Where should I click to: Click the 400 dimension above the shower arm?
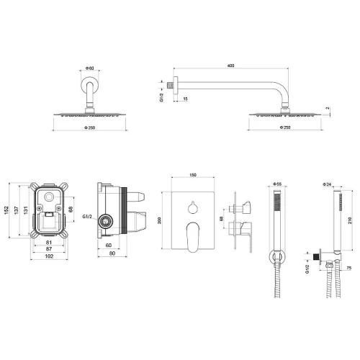pyautogui.click(x=230, y=66)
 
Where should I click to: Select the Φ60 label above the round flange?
pyautogui.click(x=90, y=68)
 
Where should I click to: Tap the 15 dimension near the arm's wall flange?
pyautogui.click(x=185, y=99)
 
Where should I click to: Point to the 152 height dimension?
pyautogui.click(x=6, y=210)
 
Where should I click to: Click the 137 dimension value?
pyautogui.click(x=16, y=210)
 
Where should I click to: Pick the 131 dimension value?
pyautogui.click(x=25, y=210)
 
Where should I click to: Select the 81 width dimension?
pyautogui.click(x=49, y=243)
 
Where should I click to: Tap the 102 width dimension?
pyautogui.click(x=49, y=256)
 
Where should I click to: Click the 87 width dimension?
pyautogui.click(x=49, y=249)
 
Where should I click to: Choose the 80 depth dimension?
pyautogui.click(x=112, y=253)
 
